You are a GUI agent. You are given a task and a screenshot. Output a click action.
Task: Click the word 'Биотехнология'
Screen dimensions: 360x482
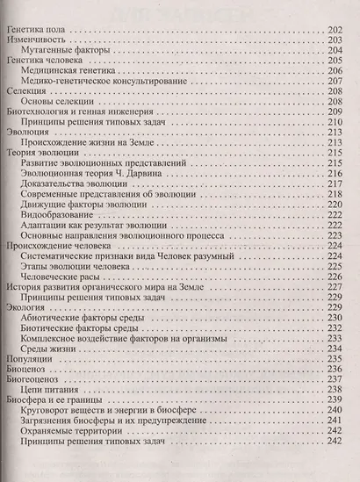(x=41, y=117)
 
